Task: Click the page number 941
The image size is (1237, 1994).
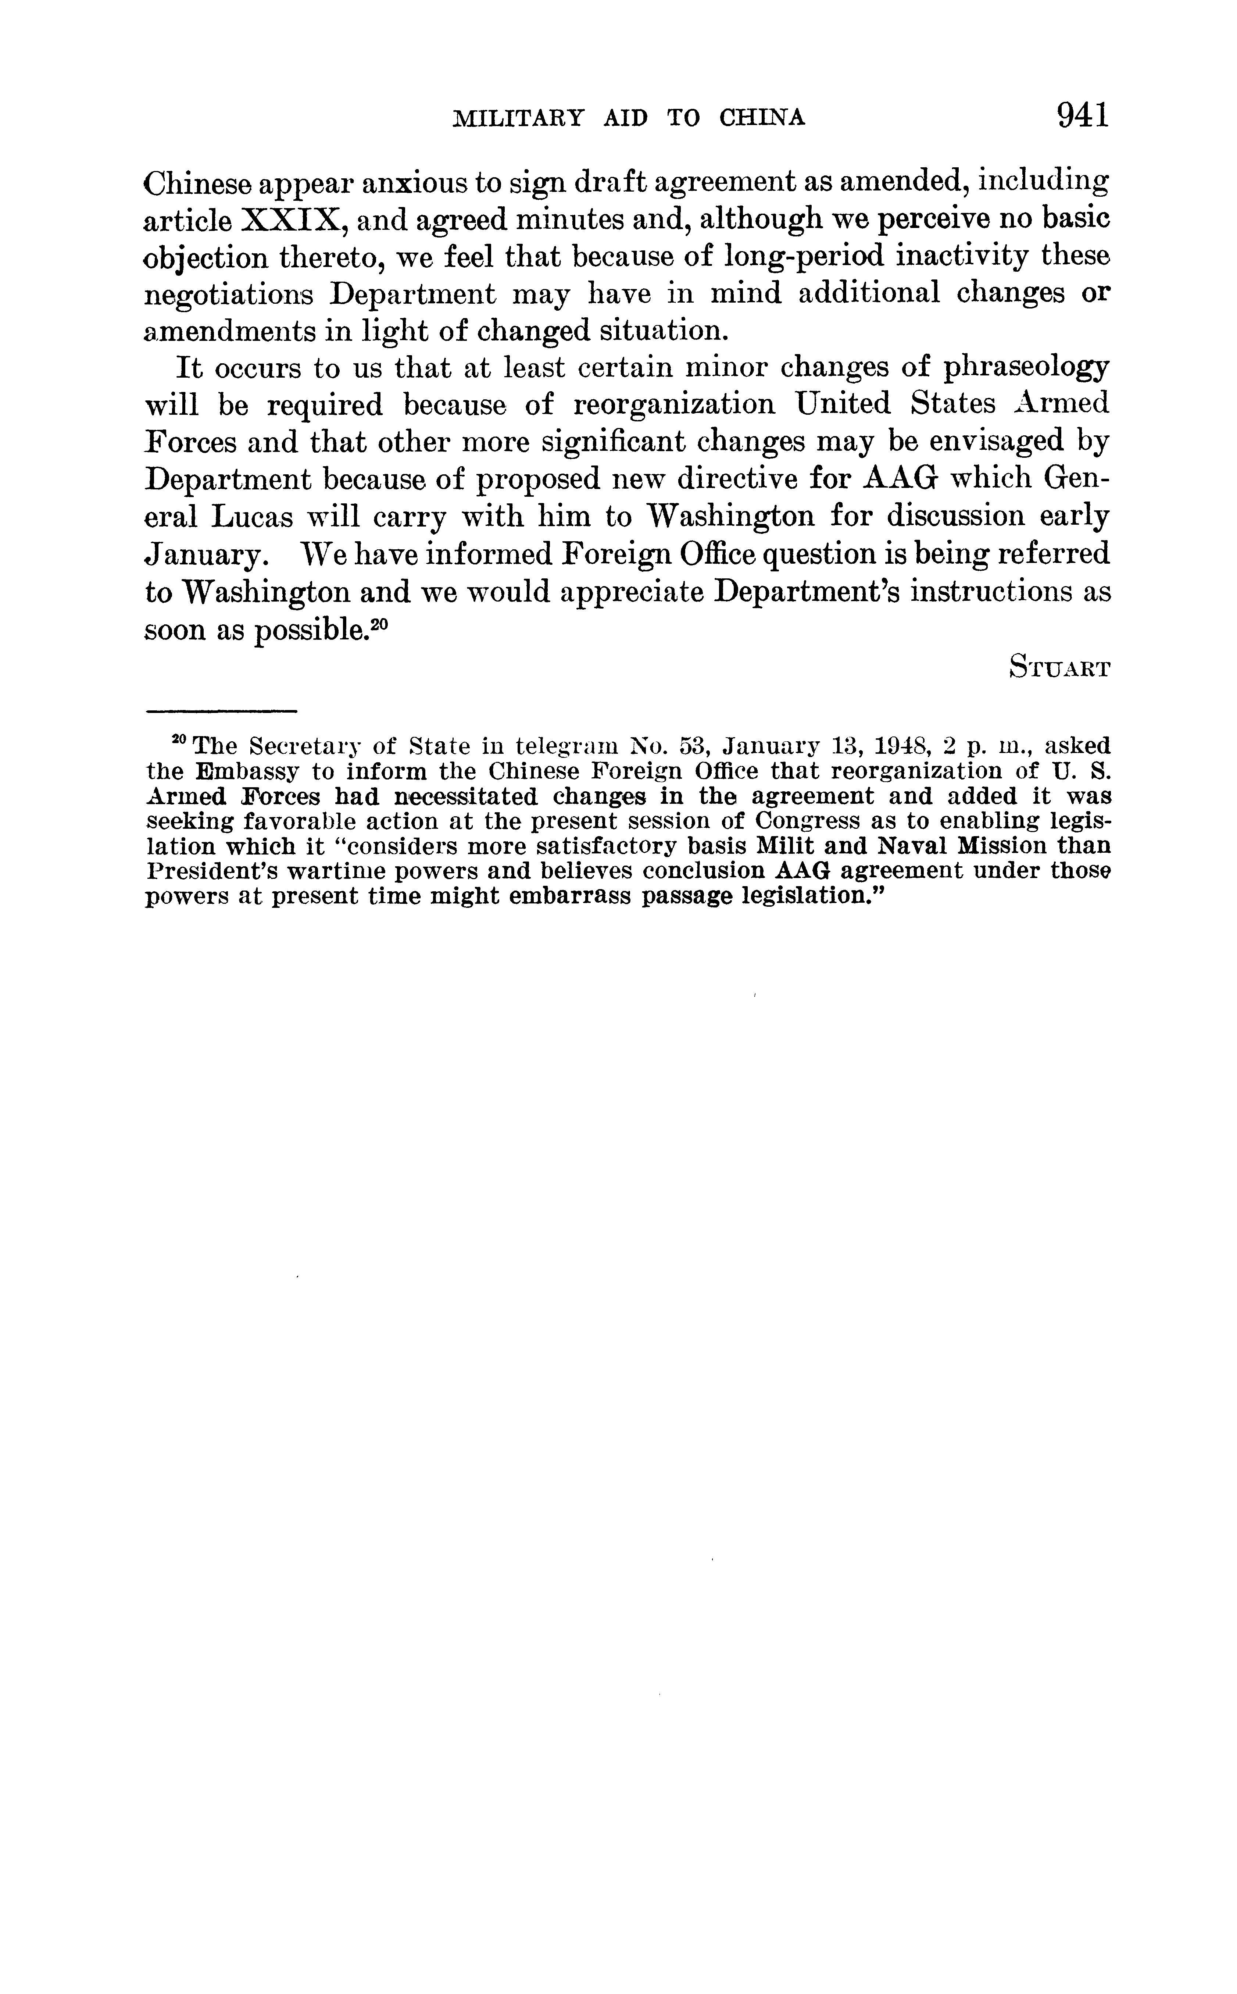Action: point(1082,115)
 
